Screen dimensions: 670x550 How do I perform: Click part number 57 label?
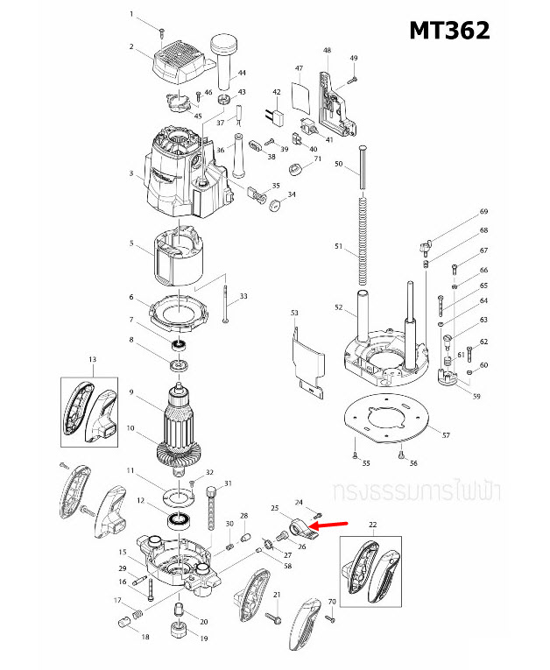446,435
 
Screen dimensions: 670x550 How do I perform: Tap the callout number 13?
91,360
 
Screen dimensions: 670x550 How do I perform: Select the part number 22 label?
372,525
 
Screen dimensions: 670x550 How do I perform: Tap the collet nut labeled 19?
180,628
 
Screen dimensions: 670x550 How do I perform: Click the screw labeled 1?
162,31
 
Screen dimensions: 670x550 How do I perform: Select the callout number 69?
483,212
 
